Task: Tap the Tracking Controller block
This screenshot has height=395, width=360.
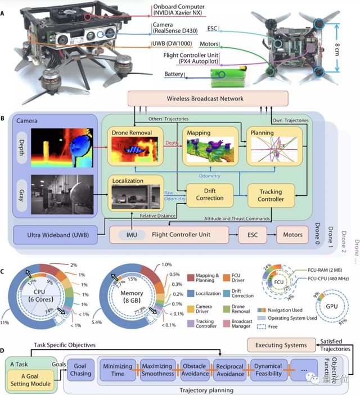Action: [272, 197]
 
